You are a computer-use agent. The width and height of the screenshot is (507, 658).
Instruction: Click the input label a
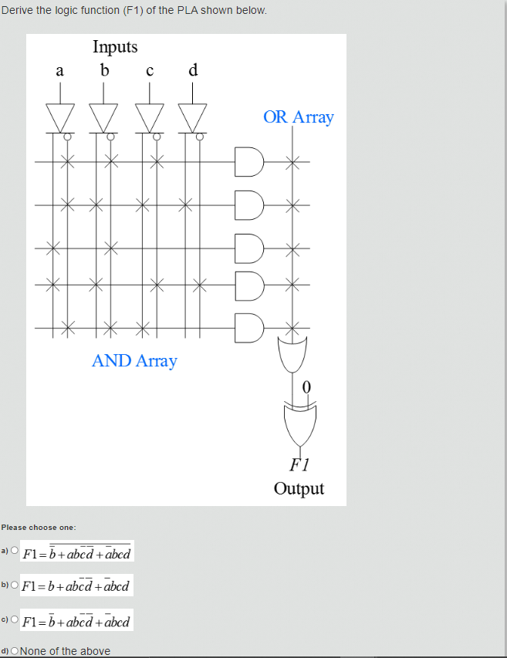point(59,71)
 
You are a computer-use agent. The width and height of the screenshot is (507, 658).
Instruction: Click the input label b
point(105,70)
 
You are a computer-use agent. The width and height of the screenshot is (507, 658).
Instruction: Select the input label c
point(150,71)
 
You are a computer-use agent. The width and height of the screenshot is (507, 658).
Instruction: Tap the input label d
point(193,70)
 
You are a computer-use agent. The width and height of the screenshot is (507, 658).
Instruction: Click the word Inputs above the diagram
point(115,47)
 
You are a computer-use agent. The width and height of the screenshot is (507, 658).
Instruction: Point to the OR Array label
point(298,117)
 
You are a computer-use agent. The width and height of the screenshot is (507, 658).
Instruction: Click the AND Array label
point(134,361)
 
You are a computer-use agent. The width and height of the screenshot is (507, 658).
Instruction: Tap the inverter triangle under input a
point(60,116)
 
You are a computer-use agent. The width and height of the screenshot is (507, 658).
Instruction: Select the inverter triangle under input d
point(193,116)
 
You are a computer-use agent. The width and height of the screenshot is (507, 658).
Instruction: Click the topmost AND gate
point(250,161)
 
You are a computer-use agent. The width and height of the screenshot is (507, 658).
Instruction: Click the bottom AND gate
point(250,327)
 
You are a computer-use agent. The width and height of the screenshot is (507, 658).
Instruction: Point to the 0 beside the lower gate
point(307,387)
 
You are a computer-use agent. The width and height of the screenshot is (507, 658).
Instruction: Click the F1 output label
point(299,464)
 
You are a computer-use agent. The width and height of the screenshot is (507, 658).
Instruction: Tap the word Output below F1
point(299,489)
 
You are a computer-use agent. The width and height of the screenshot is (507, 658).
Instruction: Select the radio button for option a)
point(14,551)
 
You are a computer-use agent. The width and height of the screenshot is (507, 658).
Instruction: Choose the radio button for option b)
point(14,585)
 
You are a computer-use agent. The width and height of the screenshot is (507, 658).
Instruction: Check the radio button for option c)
point(14,619)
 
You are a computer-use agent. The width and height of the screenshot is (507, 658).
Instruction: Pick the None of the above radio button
point(15,651)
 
